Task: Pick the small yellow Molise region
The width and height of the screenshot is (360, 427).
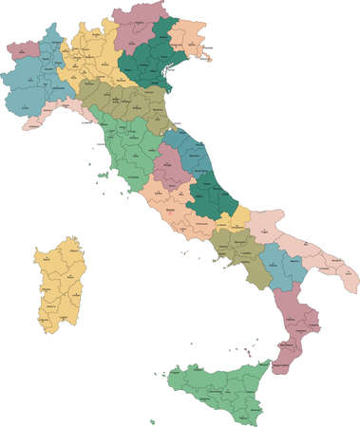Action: [x=238, y=217]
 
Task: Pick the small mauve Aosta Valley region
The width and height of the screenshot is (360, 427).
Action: [x=23, y=47]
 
